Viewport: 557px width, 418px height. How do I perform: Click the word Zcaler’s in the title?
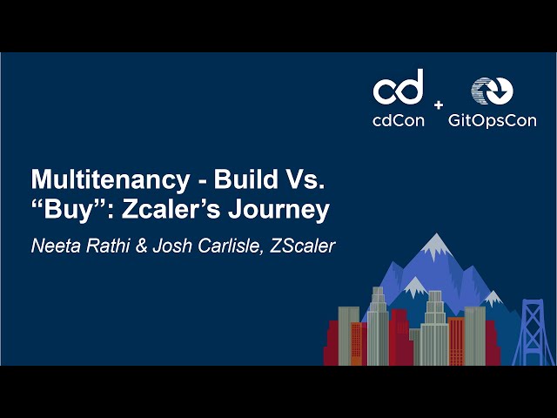[x=171, y=210]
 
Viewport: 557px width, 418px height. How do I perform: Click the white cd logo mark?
[x=399, y=89]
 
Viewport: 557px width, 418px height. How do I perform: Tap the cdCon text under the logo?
[x=399, y=121]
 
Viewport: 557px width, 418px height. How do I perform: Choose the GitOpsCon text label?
[x=492, y=121]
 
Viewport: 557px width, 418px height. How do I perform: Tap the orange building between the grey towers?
[x=456, y=340]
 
